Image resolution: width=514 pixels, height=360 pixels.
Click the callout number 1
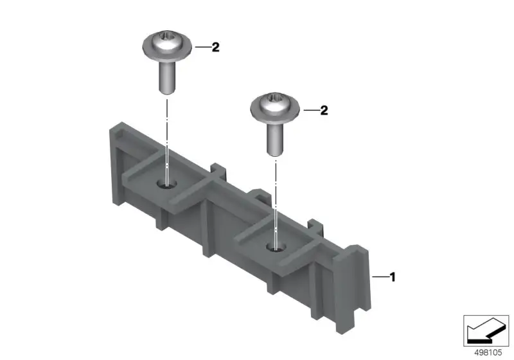(393, 277)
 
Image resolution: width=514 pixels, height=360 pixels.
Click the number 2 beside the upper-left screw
(215, 47)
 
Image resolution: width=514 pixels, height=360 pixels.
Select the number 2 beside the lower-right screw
(324, 110)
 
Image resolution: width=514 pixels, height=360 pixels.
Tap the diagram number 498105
(488, 352)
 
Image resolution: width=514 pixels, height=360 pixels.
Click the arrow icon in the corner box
(486, 330)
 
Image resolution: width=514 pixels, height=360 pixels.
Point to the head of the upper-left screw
(167, 46)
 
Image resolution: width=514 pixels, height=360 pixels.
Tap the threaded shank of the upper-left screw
(167, 77)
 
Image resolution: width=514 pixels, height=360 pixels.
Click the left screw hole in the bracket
(167, 184)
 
